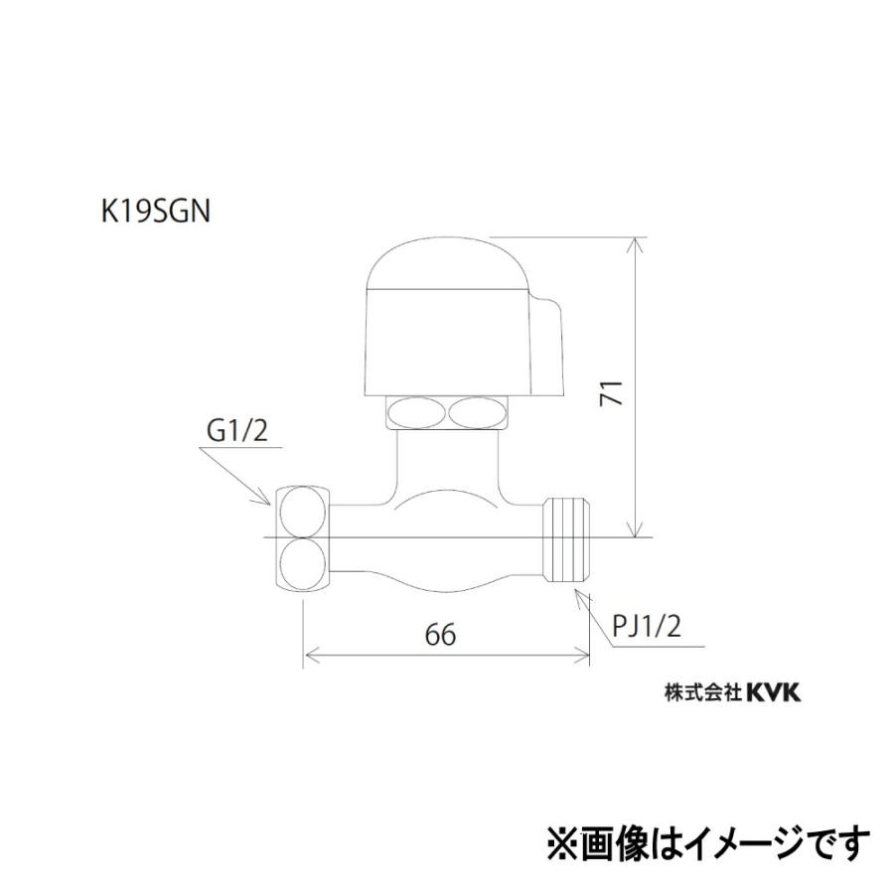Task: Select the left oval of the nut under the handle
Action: (x=416, y=411)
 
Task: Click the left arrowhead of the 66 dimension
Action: (x=309, y=656)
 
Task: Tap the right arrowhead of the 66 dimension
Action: (x=584, y=656)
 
